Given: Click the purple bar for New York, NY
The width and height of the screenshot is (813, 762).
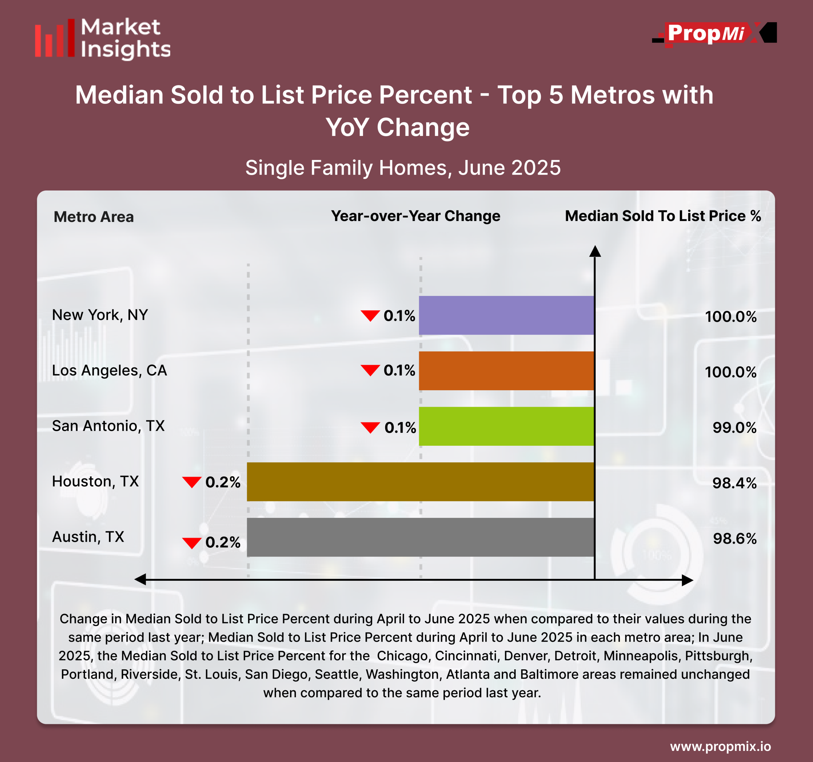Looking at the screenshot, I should (x=506, y=315).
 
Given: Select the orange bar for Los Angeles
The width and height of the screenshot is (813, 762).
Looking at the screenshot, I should (x=506, y=371).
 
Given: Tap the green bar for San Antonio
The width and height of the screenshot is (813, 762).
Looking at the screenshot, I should (x=506, y=426).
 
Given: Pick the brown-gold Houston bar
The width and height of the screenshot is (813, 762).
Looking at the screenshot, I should (x=420, y=482).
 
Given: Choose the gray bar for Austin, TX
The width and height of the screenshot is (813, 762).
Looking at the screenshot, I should (x=420, y=537).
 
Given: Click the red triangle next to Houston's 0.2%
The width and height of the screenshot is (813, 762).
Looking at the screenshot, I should (x=191, y=482).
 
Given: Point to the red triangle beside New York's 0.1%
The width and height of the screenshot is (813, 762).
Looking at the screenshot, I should (x=370, y=316).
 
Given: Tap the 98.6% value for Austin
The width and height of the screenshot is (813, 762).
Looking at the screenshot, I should (x=735, y=539).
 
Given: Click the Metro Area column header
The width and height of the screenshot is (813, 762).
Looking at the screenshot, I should (x=94, y=217).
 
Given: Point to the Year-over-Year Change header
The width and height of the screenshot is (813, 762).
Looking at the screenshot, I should (x=415, y=216).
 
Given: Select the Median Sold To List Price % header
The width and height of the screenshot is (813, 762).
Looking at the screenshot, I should (x=662, y=216).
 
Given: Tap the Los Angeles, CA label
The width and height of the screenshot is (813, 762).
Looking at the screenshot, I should (x=110, y=371).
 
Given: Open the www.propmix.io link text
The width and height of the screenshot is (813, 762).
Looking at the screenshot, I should (x=720, y=746).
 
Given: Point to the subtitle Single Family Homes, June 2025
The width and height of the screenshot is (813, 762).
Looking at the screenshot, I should (x=403, y=168).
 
